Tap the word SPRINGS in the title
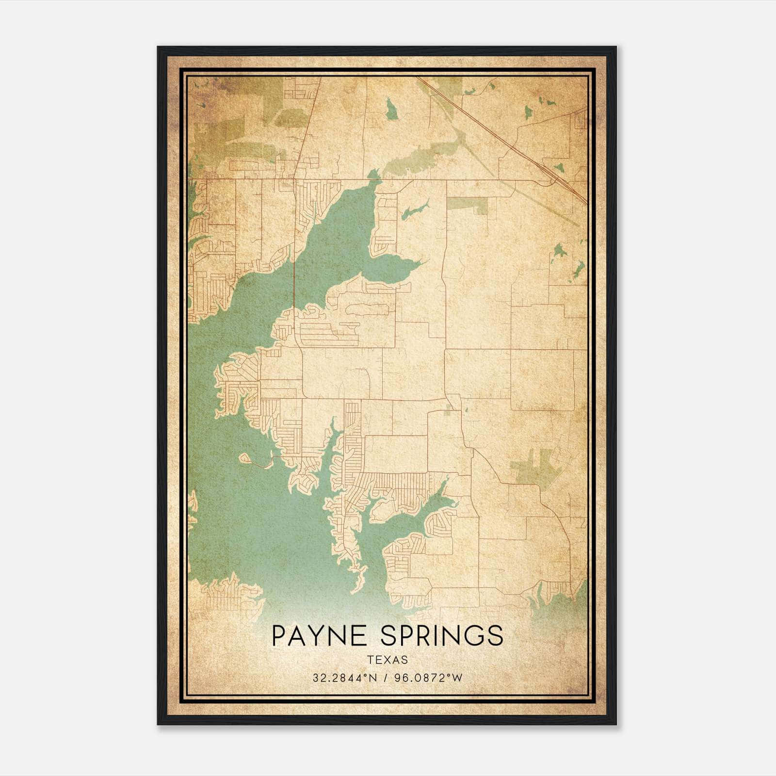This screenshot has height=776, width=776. [442, 635]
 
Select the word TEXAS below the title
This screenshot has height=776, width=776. [388, 660]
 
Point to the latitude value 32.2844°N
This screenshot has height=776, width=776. [345, 678]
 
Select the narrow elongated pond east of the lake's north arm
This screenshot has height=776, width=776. [415, 210]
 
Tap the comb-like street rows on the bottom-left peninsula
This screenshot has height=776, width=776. [228, 597]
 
